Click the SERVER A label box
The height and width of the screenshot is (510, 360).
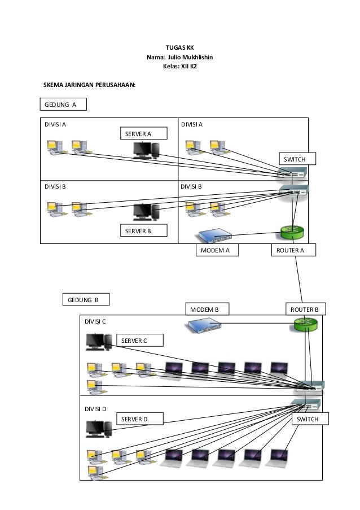144,133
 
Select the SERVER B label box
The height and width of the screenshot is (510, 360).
144,231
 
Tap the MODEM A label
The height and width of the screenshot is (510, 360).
216,250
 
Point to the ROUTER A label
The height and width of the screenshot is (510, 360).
293,250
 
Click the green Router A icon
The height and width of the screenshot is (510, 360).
292,232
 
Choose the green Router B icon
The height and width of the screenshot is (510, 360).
306,324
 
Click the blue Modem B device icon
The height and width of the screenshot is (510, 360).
201,325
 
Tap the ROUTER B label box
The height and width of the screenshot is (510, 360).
304,309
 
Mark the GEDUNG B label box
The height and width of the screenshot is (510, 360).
85,299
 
